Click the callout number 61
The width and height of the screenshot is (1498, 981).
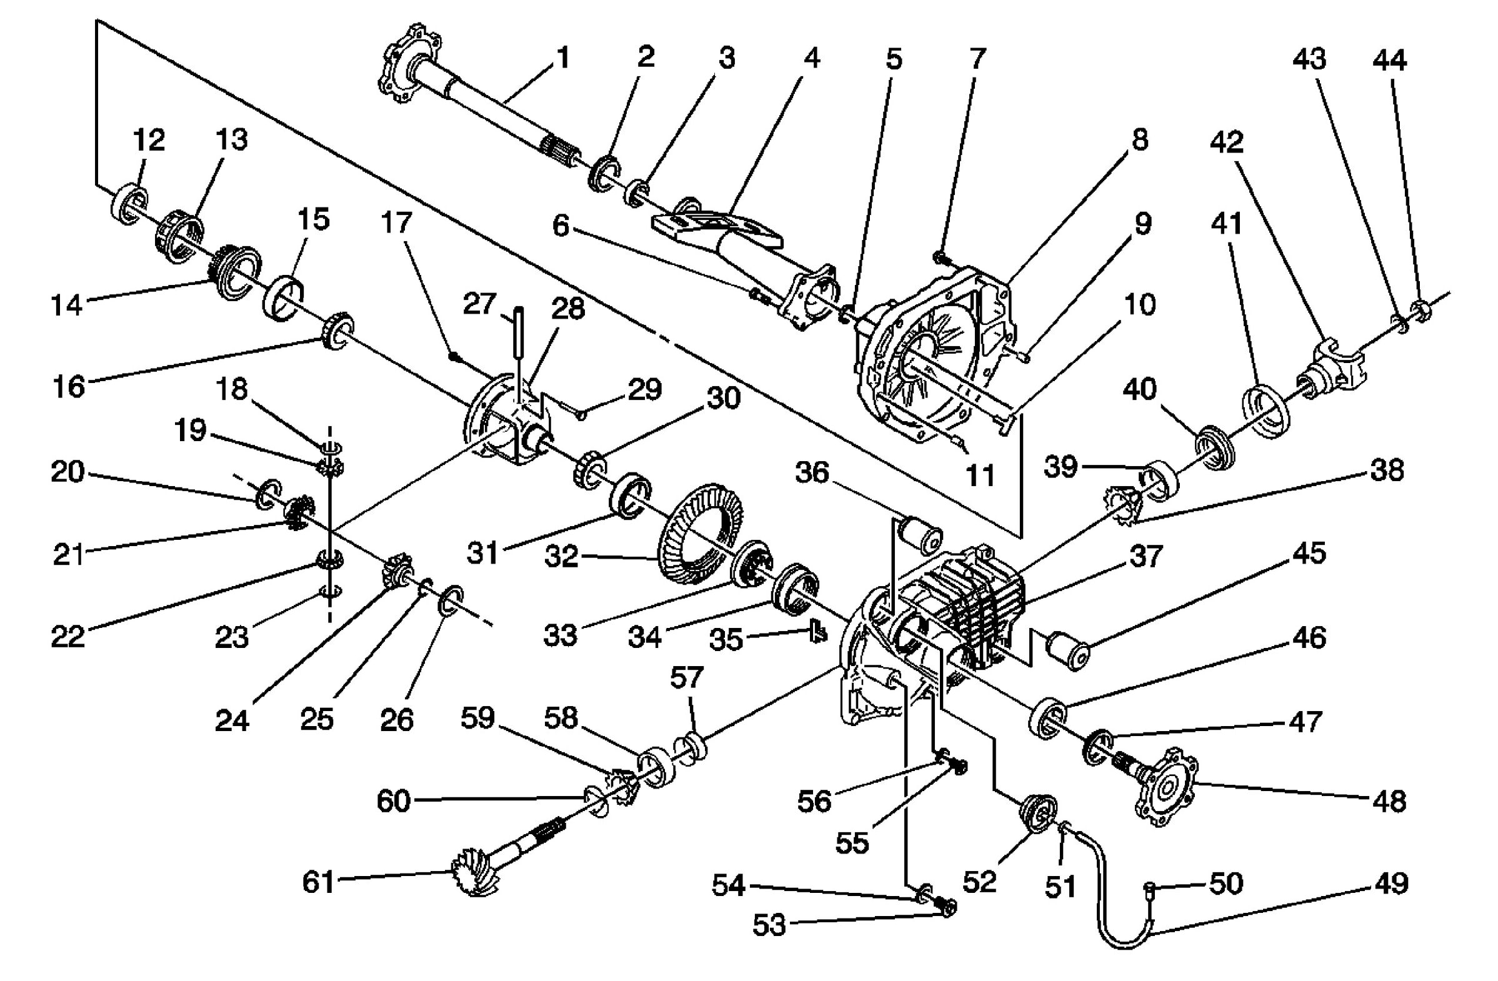click(x=319, y=882)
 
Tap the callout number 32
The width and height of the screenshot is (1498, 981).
click(x=561, y=556)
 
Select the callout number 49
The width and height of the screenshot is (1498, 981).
click(x=1391, y=884)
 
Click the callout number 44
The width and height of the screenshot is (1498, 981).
click(x=1389, y=61)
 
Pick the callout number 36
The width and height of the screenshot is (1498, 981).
click(x=812, y=472)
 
